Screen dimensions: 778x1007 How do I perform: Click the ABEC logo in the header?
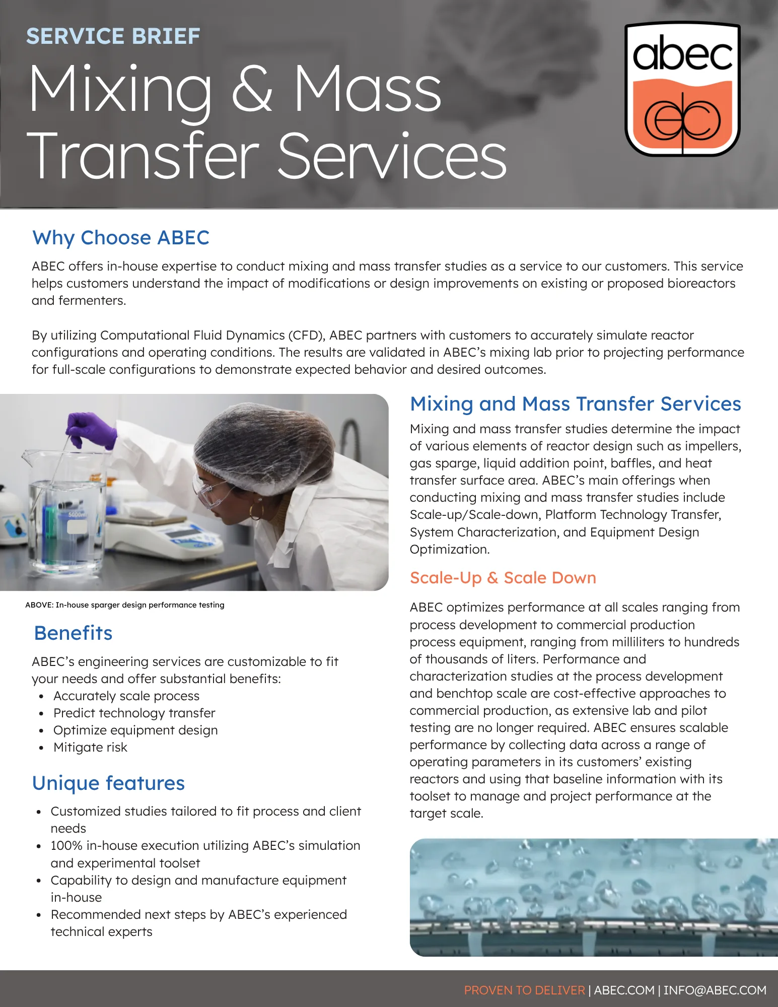tap(682, 89)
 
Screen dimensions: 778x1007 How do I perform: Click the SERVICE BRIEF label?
tap(113, 36)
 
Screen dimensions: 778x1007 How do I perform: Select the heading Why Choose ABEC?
tap(121, 238)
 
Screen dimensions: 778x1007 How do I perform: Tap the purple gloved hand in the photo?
tap(91, 430)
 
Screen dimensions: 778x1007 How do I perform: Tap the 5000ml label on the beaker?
tap(78, 514)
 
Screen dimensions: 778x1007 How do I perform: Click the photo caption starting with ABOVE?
tap(125, 605)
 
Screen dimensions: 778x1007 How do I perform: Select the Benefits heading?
tap(74, 633)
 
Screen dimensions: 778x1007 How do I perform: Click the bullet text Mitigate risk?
tap(90, 748)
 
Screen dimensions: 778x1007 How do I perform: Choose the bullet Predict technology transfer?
tap(134, 713)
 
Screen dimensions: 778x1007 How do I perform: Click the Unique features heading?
tap(109, 783)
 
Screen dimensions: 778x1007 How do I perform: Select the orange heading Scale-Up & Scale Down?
tap(503, 578)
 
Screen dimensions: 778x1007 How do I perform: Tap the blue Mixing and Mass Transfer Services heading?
tap(576, 404)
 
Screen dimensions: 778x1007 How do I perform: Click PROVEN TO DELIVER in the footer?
tap(525, 990)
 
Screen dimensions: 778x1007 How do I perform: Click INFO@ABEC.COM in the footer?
tap(715, 990)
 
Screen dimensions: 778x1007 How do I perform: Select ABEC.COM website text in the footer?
tap(624, 990)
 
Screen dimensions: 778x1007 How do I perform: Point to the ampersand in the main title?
tap(252, 91)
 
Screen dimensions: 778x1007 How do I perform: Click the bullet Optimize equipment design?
tap(135, 730)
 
